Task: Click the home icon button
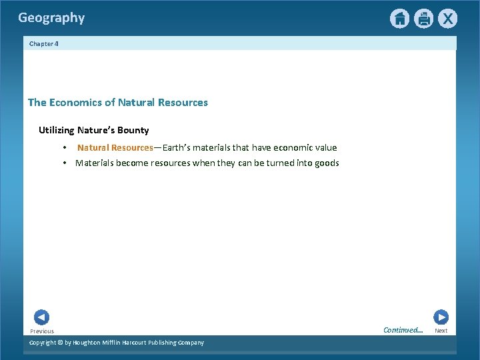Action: [399, 19]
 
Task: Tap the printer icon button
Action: [423, 19]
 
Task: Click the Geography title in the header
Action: [51, 18]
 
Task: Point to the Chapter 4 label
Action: [44, 43]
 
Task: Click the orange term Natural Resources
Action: [115, 147]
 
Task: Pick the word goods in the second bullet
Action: [326, 163]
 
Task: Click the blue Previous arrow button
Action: [41, 317]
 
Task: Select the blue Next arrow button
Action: [441, 317]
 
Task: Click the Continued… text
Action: [403, 330]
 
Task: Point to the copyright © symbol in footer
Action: [59, 343]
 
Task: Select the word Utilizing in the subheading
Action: [57, 130]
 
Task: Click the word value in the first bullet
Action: [325, 147]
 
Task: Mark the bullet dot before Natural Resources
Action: [65, 147]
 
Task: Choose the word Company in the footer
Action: [190, 343]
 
